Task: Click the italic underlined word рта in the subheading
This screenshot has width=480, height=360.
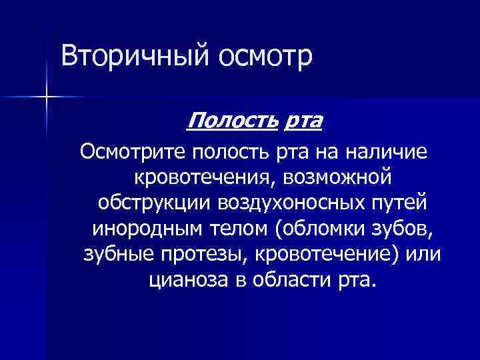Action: (x=303, y=122)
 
